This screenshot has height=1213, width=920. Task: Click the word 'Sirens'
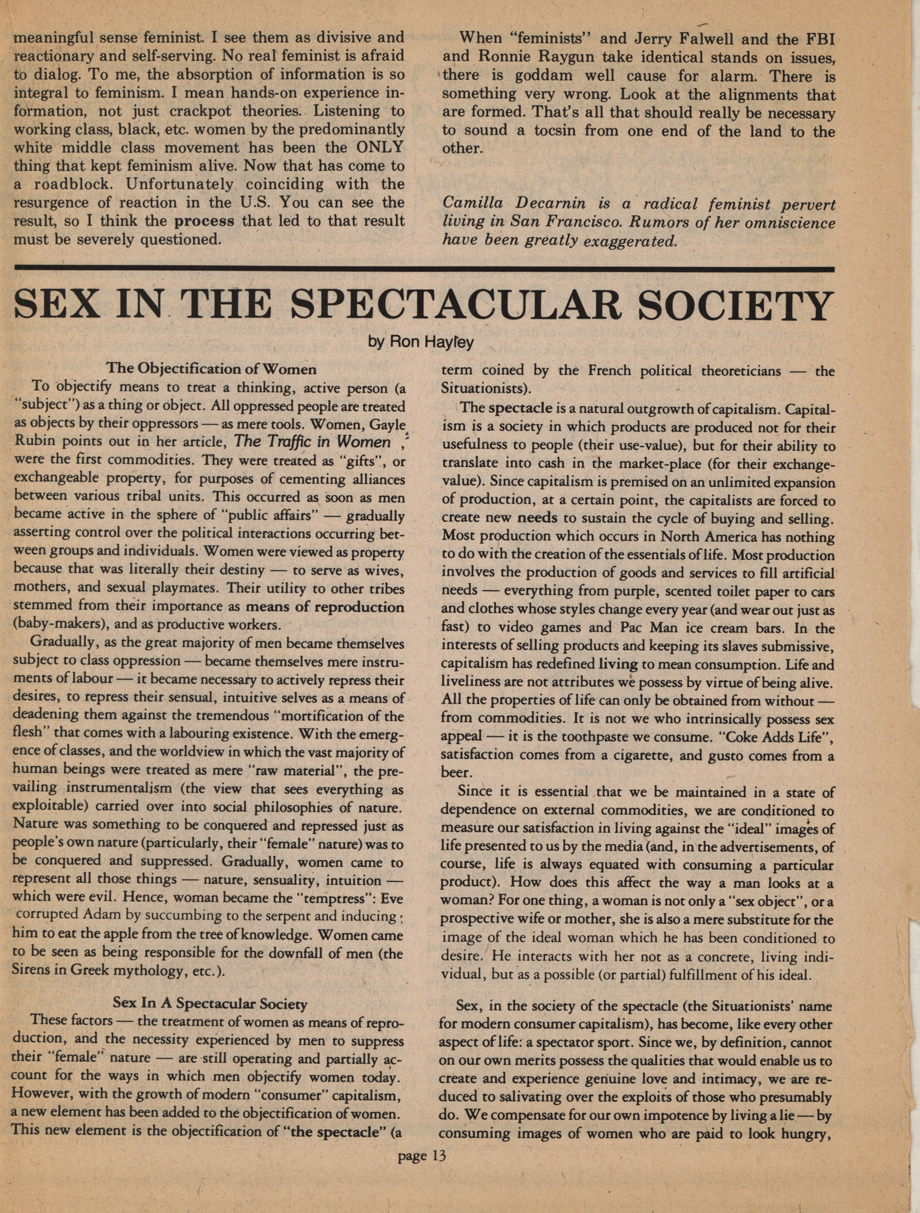click(31, 971)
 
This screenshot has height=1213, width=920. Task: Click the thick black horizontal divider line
click(423, 269)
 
